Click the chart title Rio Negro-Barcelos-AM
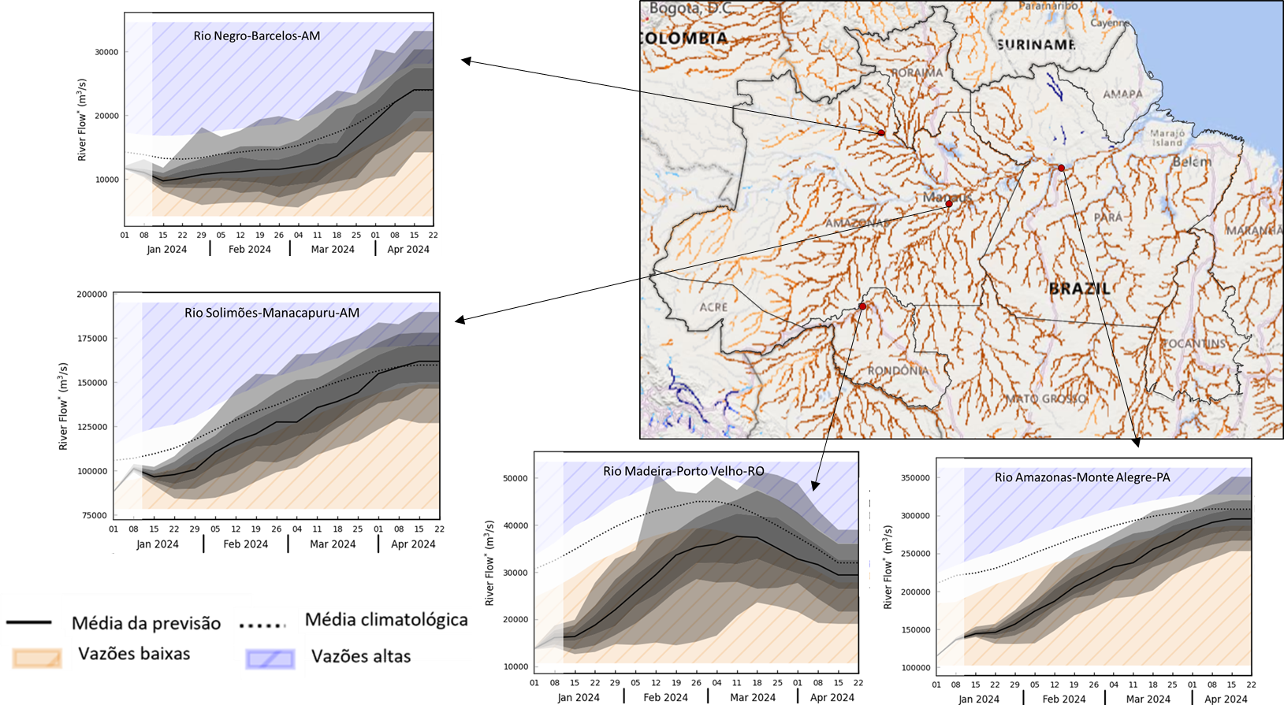click(x=256, y=35)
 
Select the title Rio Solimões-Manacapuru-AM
click(x=272, y=313)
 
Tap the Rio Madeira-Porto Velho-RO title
click(x=683, y=471)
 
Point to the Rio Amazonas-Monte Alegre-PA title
click(x=1082, y=477)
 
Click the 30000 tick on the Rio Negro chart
click(x=106, y=52)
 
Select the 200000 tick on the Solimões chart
click(x=91, y=294)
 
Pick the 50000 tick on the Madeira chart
click(x=515, y=478)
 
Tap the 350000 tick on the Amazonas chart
click(x=915, y=478)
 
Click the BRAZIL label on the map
click(x=1079, y=288)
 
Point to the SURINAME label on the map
click(x=1036, y=45)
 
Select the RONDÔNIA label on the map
click(x=897, y=370)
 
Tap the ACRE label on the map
click(x=713, y=306)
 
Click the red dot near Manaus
click(x=949, y=204)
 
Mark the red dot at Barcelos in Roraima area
click(x=881, y=132)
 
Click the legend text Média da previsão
click(x=146, y=623)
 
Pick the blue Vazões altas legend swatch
click(x=270, y=659)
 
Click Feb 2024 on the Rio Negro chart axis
click(x=249, y=249)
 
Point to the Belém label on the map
click(x=1191, y=161)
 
